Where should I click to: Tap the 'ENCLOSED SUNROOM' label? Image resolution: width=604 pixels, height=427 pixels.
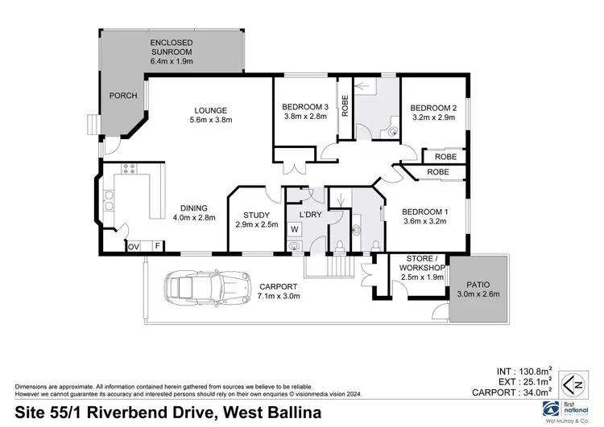click(x=172, y=49)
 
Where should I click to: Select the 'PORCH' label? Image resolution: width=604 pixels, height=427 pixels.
click(x=124, y=97)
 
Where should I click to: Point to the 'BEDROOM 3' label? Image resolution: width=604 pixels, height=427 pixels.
click(x=304, y=109)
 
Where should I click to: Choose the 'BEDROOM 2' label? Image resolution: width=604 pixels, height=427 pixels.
click(x=433, y=109)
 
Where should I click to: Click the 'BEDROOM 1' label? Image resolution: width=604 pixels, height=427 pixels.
click(x=425, y=212)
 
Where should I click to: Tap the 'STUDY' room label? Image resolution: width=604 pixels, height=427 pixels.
click(x=256, y=215)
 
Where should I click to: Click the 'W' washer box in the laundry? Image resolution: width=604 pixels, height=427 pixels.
click(x=294, y=229)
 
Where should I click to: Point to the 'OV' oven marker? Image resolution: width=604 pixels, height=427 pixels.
click(x=134, y=246)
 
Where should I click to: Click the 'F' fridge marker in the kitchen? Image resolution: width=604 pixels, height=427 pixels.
click(x=157, y=246)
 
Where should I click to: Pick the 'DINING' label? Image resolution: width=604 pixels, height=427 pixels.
click(x=194, y=207)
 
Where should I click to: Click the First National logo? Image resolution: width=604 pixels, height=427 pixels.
click(x=555, y=407)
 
